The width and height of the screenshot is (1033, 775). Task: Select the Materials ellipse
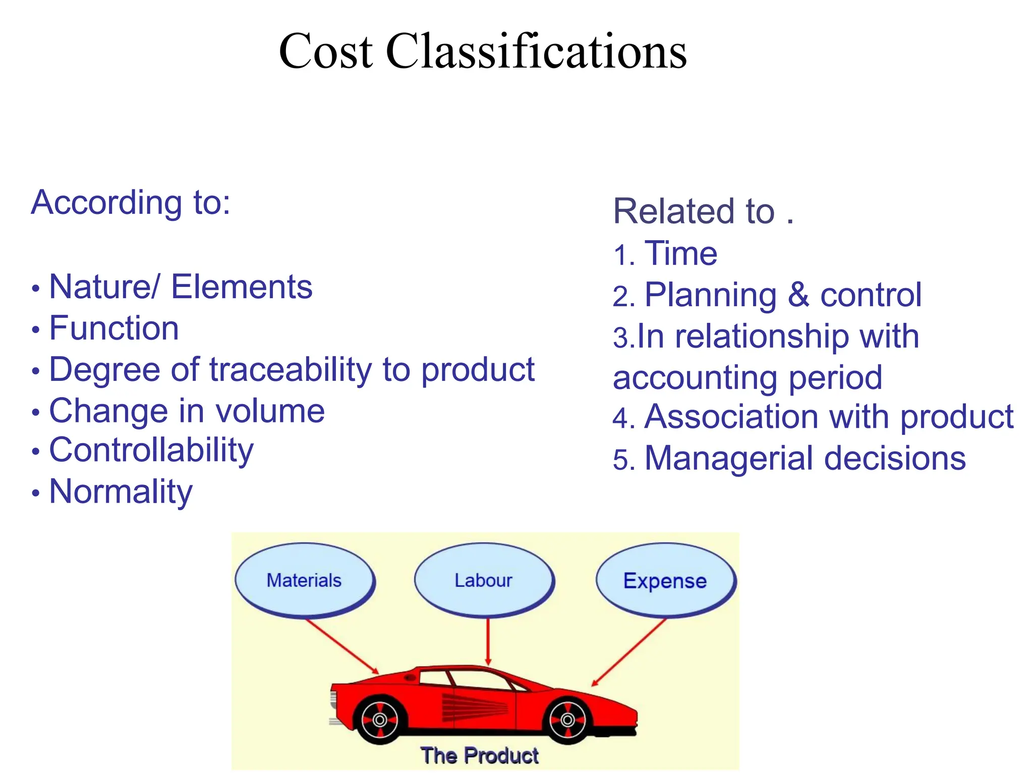[304, 580]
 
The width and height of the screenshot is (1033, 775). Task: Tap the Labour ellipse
[483, 580]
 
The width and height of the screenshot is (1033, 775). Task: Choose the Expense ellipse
[665, 581]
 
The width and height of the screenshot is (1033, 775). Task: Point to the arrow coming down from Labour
[488, 641]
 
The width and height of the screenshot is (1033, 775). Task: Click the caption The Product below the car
[480, 756]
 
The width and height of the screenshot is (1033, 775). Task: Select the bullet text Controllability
[151, 450]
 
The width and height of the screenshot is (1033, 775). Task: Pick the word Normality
[121, 491]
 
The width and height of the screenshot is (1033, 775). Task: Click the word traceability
[291, 369]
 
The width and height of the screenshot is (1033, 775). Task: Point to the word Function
[114, 328]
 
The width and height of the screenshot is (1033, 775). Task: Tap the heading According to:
[131, 202]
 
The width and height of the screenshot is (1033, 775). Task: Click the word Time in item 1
[681, 253]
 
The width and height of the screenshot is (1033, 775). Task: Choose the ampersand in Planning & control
[798, 295]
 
